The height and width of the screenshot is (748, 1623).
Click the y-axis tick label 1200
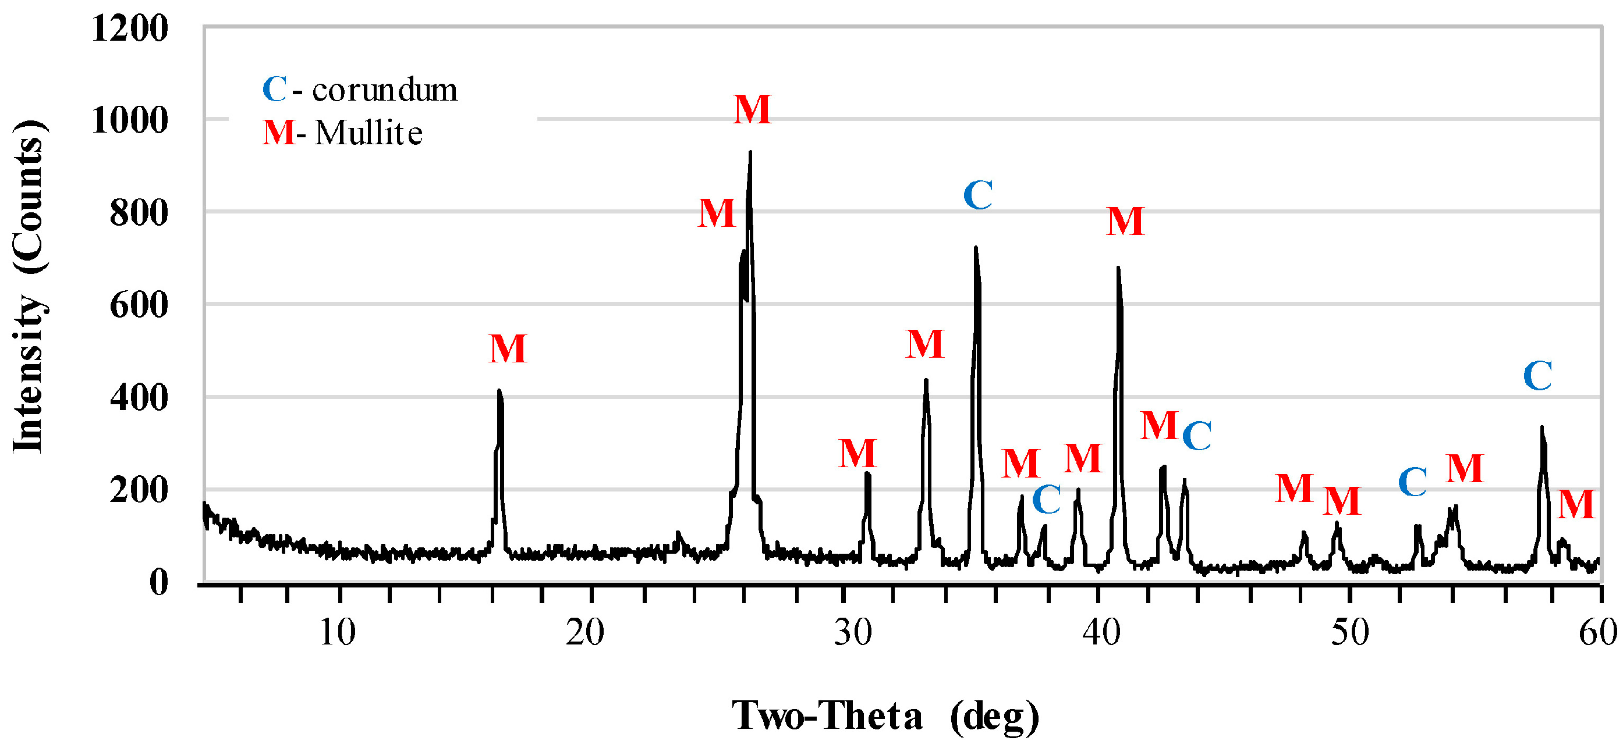point(130,29)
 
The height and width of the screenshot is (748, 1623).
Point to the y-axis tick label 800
point(139,213)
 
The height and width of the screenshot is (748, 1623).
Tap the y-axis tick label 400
point(139,398)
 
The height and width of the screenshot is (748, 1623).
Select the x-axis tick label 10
point(337,632)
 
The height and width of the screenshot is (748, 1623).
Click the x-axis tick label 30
point(853,632)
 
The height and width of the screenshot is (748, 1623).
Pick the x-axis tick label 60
point(1597,632)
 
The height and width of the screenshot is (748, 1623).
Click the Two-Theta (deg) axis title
point(885,716)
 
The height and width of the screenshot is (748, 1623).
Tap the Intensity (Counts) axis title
point(29,287)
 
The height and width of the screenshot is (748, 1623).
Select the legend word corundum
point(384,90)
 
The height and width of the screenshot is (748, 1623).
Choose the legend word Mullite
point(368,133)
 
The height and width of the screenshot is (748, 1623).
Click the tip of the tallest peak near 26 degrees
point(750,152)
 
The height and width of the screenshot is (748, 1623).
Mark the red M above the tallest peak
point(752,110)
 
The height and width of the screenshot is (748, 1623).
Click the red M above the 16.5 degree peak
point(508,349)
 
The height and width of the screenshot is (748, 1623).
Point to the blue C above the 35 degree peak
point(978,195)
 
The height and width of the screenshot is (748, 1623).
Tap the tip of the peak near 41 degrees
point(1118,268)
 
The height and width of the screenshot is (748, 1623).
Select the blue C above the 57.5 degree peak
point(1537,376)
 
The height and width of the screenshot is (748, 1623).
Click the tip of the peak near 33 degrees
point(926,380)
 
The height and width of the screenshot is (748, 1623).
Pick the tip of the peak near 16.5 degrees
point(499,391)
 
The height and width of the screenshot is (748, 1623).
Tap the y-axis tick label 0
point(158,582)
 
